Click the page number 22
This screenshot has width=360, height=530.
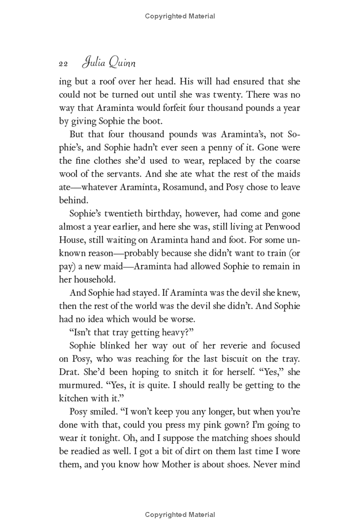coord(63,64)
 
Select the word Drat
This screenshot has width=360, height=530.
coord(69,372)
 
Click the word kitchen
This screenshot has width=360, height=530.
coord(73,398)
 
